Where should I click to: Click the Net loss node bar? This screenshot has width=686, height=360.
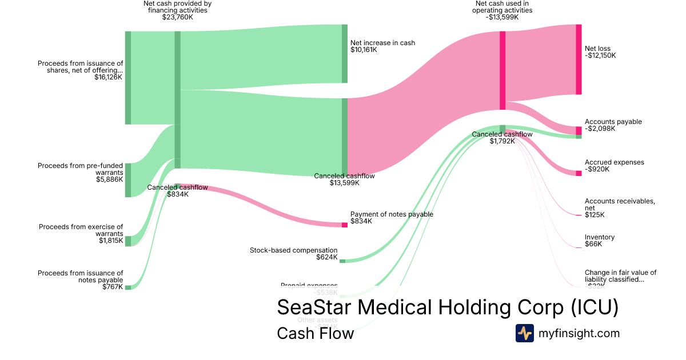pos(579,59)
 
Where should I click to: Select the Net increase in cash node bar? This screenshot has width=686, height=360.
pos(345,54)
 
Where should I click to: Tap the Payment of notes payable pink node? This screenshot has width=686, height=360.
pos(345,225)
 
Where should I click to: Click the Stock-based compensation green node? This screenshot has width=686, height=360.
pos(342,261)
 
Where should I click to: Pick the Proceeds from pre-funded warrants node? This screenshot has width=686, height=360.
pos(128,180)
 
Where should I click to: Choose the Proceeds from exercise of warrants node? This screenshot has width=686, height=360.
pos(128,241)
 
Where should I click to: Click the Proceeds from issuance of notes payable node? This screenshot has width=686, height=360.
pos(128,287)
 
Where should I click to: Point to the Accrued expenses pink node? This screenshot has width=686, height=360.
pos(579,173)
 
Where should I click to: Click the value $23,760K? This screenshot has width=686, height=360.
pos(177,17)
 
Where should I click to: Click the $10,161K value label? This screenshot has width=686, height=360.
pos(364,50)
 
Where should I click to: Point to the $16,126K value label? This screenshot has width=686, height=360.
pos(108,77)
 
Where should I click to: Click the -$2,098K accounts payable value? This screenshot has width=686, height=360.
pos(600,129)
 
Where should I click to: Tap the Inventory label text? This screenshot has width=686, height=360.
pos(600,237)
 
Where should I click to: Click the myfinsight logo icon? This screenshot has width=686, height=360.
pos(524,333)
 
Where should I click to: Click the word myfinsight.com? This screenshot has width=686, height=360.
pos(579,333)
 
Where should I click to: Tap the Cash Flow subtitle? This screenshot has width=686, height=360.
pos(315,333)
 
